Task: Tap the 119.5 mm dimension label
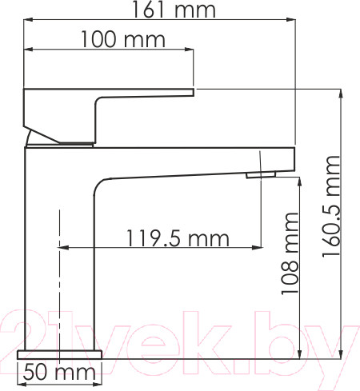click(177, 237)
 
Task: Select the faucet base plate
click(60, 353)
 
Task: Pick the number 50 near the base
click(37, 371)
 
